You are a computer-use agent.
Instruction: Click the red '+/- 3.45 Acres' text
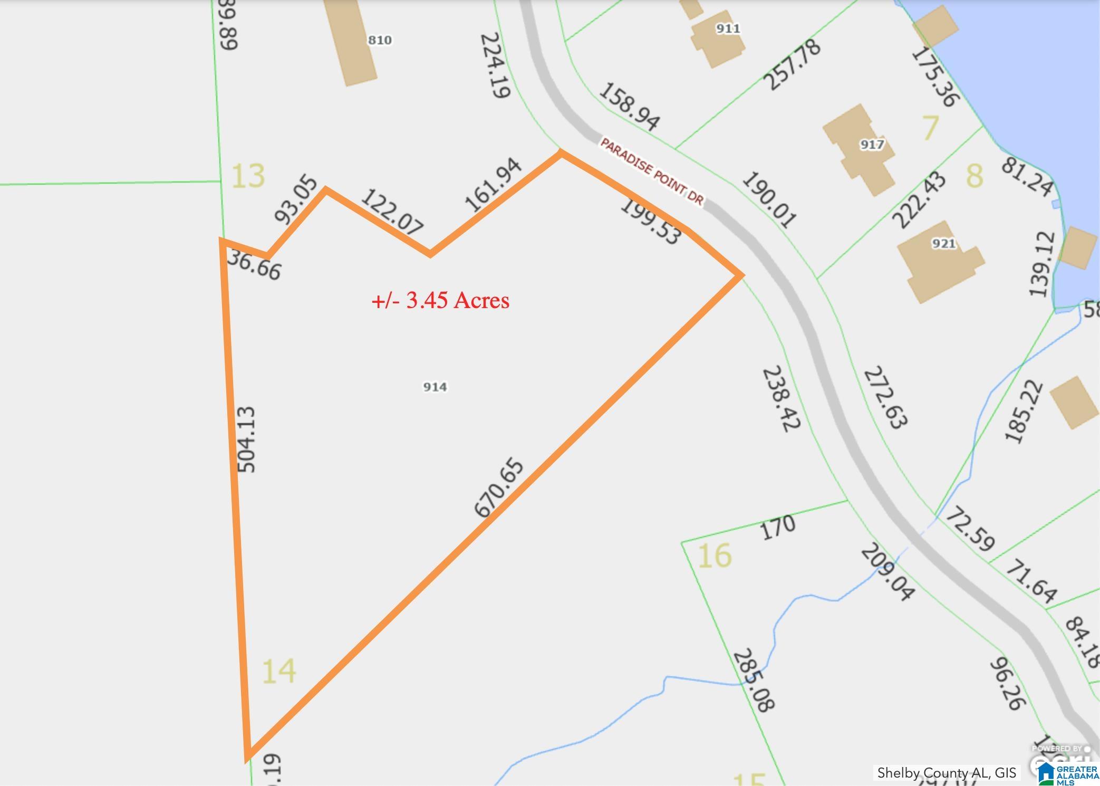441,300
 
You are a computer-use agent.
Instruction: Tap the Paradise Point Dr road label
652,171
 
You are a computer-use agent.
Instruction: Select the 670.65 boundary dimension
499,488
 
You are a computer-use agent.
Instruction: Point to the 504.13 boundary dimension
246,439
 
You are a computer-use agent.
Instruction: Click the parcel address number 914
435,387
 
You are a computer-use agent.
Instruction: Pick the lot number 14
278,671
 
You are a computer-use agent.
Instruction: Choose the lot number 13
248,176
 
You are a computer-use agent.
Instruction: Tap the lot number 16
715,555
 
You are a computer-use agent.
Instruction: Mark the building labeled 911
717,37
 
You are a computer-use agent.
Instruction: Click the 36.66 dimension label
254,265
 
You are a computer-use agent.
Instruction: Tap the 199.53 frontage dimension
650,221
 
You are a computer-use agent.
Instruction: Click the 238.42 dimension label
781,398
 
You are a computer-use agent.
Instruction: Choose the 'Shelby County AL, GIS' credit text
947,773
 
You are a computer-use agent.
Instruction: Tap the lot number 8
974,176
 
